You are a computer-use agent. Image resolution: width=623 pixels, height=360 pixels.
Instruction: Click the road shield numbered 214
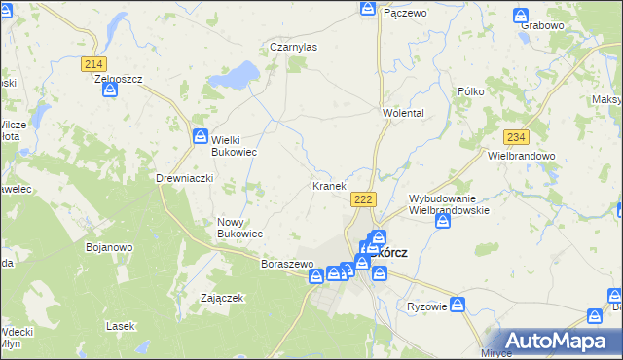[93, 64]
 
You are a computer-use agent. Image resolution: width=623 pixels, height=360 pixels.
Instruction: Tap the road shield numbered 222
[362, 199]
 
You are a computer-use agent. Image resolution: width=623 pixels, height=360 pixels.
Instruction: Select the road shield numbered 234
[516, 138]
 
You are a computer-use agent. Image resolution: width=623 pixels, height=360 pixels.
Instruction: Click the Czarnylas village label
[293, 46]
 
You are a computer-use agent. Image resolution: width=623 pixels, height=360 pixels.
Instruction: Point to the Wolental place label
[403, 114]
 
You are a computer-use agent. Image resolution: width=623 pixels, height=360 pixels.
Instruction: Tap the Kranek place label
[329, 186]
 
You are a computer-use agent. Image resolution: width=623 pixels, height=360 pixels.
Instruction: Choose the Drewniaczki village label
[184, 179]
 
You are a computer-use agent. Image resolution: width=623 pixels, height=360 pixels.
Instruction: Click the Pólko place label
[471, 91]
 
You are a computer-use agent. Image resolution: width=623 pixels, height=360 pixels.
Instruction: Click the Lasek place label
[120, 326]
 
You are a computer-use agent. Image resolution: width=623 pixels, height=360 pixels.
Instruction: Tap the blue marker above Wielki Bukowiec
[201, 136]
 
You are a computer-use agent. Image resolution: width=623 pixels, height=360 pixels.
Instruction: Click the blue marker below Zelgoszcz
[110, 90]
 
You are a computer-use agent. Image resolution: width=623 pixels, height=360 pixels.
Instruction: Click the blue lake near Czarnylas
[238, 74]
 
